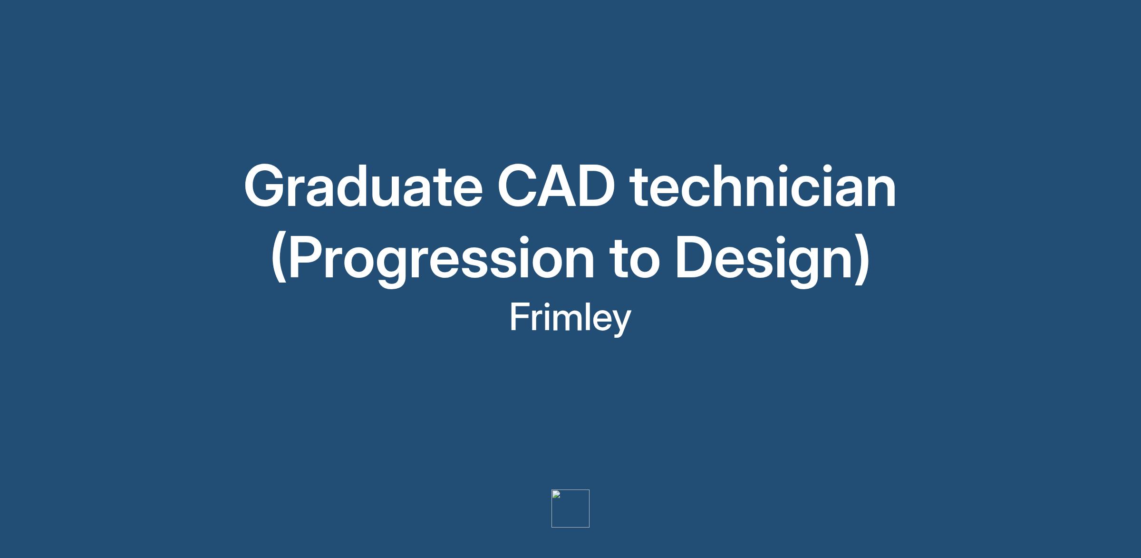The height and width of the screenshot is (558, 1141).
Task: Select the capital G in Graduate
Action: pos(267,186)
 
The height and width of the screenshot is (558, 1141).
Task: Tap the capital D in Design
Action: pos(696,257)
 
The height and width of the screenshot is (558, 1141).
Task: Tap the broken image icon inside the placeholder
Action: pos(556,494)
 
